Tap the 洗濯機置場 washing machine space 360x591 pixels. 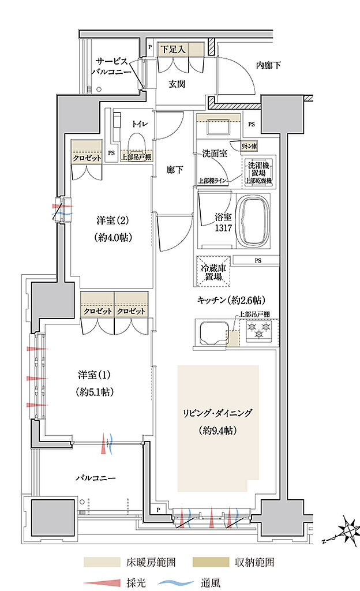click(257, 173)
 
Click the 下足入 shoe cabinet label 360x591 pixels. click(172, 48)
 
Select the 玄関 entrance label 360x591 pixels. click(177, 84)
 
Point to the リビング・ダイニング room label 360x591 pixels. click(218, 413)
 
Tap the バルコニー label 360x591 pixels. click(96, 478)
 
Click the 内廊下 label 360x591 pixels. click(268, 66)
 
